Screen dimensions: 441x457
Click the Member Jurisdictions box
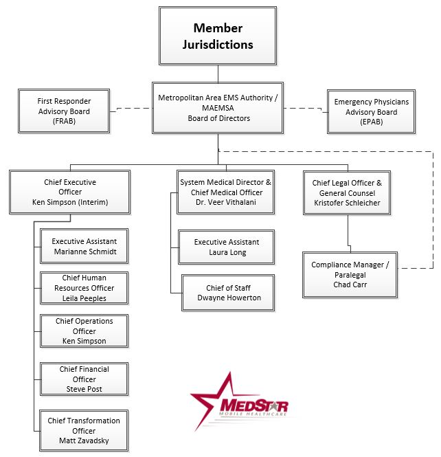(x=218, y=36)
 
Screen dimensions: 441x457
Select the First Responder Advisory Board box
(x=64, y=111)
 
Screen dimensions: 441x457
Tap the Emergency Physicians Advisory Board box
(x=371, y=111)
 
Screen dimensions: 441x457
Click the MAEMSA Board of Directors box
(x=218, y=108)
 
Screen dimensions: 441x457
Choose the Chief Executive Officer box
(x=70, y=192)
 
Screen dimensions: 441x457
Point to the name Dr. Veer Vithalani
(x=226, y=202)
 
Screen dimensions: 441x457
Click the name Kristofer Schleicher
(x=347, y=203)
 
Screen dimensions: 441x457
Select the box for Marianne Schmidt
(x=84, y=246)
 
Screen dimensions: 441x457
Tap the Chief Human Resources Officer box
(x=84, y=288)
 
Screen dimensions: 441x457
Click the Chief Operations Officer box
(x=84, y=331)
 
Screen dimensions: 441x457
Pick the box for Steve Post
(x=84, y=379)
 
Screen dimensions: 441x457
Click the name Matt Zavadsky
(x=84, y=441)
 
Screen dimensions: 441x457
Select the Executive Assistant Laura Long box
(x=226, y=247)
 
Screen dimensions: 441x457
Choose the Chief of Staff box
(x=228, y=293)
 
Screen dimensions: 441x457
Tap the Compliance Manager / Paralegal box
(x=350, y=275)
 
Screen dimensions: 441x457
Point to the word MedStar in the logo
(x=254, y=405)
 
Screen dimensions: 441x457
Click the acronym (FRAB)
(x=64, y=121)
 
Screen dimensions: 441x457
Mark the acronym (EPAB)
(x=372, y=122)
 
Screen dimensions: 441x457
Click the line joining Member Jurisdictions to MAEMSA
(x=218, y=74)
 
